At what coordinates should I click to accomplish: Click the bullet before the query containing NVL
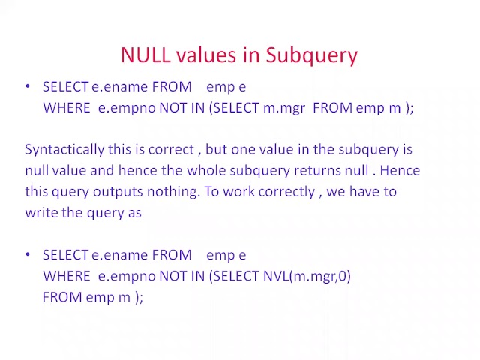[x=28, y=255]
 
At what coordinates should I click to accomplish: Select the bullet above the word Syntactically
[x=28, y=86]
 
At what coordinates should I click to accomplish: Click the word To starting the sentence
[x=211, y=191]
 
